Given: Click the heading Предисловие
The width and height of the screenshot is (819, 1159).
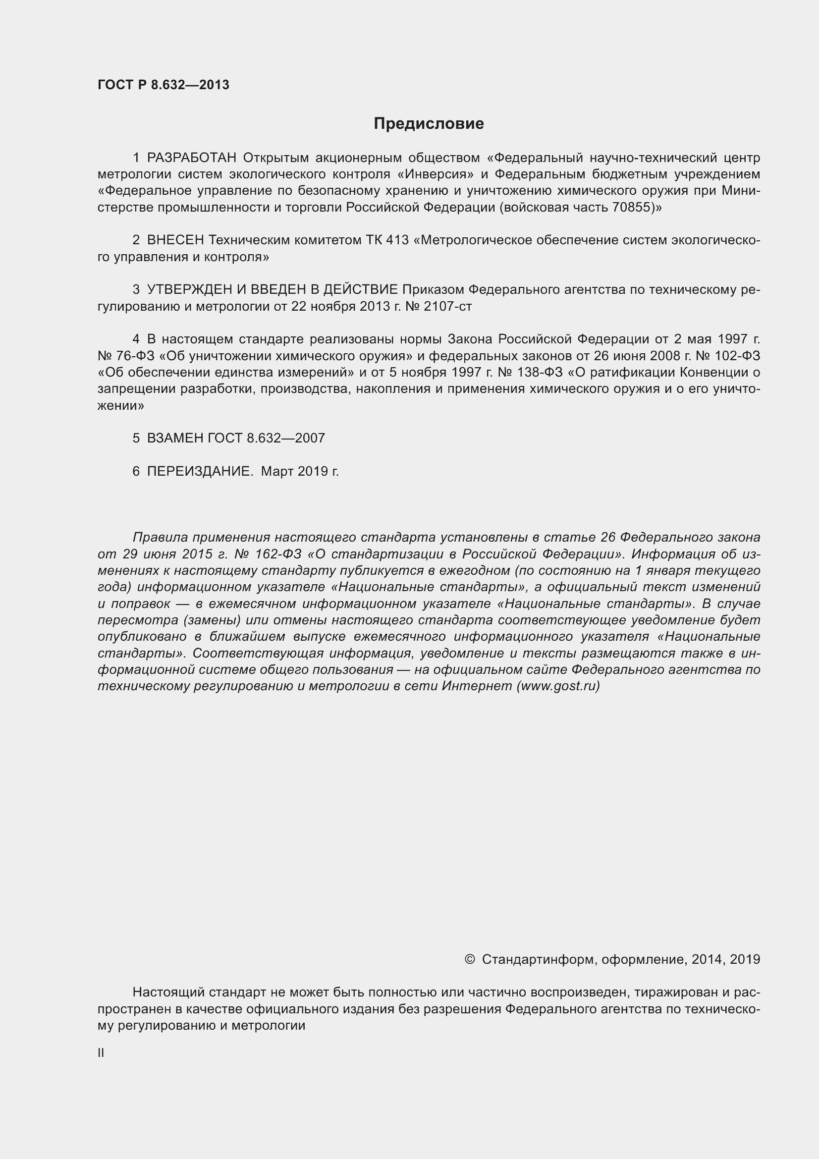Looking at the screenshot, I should pos(429,124).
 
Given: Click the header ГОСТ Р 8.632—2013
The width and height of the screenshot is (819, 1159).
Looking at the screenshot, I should pos(163,85).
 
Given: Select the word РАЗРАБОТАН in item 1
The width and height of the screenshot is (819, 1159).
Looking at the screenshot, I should pos(191,158).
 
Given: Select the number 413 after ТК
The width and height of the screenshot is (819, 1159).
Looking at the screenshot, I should pos(397,240).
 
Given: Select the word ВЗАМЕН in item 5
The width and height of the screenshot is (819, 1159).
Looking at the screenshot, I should pos(175,438).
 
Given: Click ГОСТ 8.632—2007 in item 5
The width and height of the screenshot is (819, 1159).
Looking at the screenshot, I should pos(267,438).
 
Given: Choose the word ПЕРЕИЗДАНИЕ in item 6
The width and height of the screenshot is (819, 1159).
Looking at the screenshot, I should pos(199,471).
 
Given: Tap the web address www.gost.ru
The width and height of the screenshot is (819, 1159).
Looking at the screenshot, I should pos(558,686).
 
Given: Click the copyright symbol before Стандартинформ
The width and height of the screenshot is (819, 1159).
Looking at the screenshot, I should pos(469,960).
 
